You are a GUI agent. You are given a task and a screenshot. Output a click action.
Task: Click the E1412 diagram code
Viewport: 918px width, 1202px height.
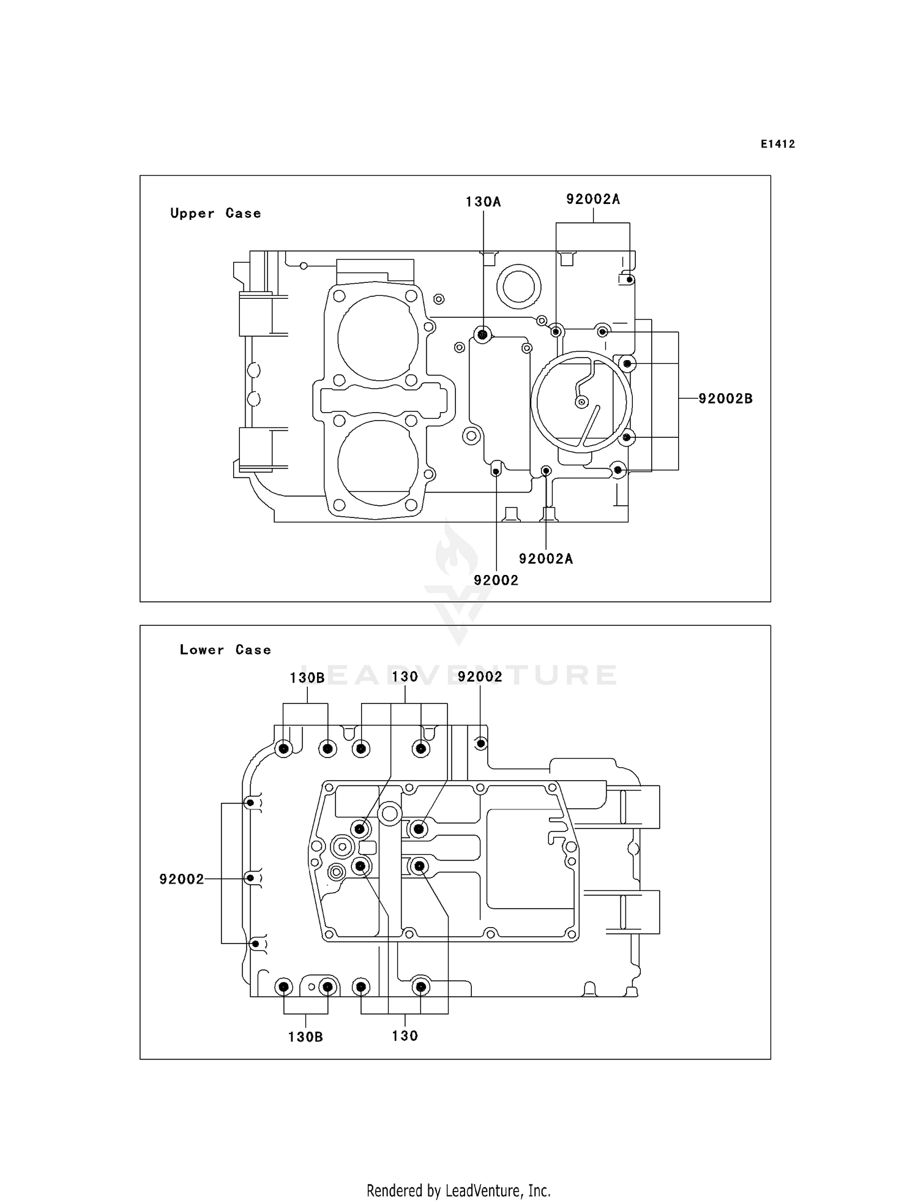point(778,144)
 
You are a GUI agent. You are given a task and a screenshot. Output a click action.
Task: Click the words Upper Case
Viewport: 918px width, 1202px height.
point(215,213)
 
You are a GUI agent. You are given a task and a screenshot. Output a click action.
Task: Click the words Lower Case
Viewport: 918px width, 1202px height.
point(225,650)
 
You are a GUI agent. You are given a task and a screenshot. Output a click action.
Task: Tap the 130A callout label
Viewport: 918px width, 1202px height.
point(483,202)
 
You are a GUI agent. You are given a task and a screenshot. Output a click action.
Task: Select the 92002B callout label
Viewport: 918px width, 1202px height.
point(725,399)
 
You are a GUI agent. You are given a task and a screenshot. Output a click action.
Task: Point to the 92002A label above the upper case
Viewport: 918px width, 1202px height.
point(592,199)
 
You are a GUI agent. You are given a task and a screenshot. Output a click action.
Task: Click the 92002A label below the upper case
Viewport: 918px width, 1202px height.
point(546,558)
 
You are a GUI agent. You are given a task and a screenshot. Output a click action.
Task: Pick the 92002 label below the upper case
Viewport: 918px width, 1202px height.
point(496,580)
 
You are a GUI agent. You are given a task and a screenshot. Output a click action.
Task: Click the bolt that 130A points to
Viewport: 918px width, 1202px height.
point(483,334)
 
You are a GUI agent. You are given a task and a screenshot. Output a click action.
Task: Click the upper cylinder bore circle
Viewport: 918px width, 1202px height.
point(378,338)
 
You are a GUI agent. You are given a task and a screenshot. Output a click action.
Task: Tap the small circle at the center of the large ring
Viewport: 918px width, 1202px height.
point(582,402)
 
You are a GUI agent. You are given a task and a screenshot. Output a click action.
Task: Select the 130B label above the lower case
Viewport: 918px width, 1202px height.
point(307,678)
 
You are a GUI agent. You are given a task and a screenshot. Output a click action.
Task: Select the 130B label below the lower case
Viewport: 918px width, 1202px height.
point(305,1037)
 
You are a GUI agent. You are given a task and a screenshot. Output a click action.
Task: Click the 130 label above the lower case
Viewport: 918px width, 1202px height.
point(405,677)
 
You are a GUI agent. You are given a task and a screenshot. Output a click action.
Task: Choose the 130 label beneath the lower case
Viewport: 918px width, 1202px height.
point(405,1036)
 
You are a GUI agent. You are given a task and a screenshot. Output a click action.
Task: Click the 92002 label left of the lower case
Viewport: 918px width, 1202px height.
point(181,879)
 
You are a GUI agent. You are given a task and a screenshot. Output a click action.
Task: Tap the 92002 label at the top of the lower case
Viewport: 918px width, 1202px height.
point(480,677)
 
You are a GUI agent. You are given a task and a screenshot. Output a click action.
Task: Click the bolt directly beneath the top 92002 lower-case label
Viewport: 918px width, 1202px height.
point(481,743)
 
